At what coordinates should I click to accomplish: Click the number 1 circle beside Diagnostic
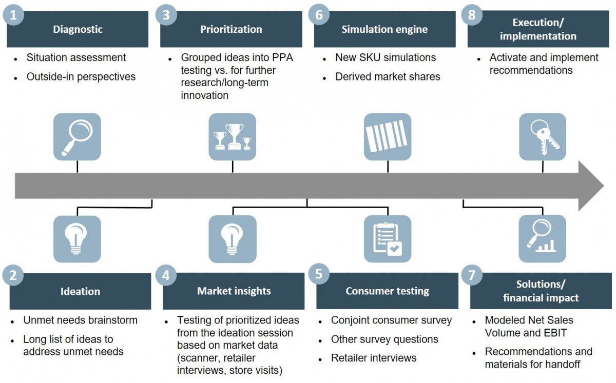point(13,15)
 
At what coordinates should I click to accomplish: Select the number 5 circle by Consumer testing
point(319,274)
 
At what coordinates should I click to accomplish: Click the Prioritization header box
point(231,29)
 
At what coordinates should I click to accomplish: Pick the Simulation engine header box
point(384,29)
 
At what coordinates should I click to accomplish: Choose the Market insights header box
point(234,291)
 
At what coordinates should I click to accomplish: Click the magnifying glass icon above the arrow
point(77,136)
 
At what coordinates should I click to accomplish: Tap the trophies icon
point(232,136)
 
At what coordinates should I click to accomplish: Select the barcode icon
point(387,136)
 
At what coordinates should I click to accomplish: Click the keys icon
point(543,136)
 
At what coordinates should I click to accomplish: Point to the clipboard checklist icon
point(387,239)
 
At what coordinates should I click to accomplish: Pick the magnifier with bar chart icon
point(542,239)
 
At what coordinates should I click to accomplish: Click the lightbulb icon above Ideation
point(77,239)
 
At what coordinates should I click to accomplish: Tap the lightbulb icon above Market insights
point(232,239)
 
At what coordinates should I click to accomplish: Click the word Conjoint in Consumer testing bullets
point(352,320)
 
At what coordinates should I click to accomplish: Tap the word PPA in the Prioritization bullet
point(281,57)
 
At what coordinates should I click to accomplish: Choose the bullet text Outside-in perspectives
point(81,77)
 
